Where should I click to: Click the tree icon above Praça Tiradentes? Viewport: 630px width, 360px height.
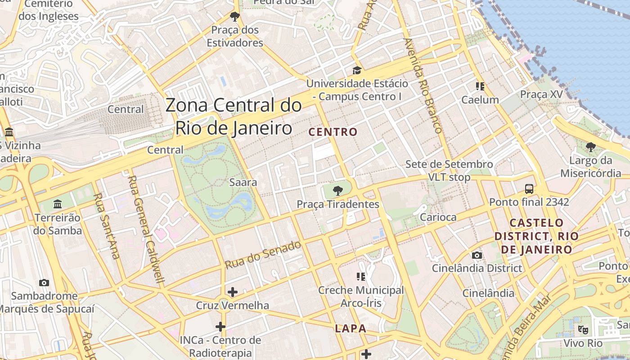(337, 191)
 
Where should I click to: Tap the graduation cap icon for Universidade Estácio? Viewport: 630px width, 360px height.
(357, 70)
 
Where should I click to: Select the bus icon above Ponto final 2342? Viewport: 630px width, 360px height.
(529, 189)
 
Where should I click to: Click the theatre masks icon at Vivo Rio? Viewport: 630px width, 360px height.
(583, 329)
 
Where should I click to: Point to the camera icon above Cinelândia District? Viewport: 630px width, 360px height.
(477, 256)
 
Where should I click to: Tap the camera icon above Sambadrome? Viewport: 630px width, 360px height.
(44, 283)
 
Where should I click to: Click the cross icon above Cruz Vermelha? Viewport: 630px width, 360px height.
(232, 292)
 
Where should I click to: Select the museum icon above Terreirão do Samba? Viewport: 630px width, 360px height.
(58, 204)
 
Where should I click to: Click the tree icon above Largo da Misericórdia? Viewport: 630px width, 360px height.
(590, 147)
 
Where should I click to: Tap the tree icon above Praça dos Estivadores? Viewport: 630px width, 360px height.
(234, 17)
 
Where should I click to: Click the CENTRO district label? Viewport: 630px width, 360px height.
(333, 132)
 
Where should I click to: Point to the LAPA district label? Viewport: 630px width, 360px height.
(351, 328)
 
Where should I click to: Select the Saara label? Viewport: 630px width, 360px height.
(243, 182)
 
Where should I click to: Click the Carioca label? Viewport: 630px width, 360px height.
(438, 217)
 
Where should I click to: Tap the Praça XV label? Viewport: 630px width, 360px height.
(541, 94)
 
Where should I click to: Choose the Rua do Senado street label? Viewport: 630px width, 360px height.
(263, 255)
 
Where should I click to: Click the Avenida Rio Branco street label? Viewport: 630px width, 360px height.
(423, 85)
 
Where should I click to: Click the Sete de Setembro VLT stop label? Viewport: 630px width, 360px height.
(449, 171)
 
